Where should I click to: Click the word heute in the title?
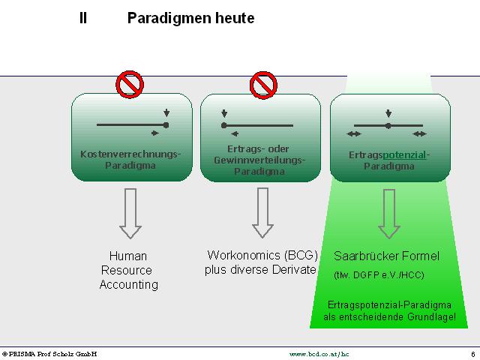(235, 18)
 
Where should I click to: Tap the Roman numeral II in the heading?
(83, 18)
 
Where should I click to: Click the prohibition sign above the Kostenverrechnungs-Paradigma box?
(130, 85)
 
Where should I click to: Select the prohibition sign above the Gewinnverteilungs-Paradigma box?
(263, 85)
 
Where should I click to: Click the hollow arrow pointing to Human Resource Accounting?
(130, 213)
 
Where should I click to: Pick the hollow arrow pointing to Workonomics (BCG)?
(262, 213)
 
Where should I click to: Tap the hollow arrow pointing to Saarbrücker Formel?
(389, 214)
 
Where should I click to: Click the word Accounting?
(128, 285)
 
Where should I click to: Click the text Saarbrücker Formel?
(387, 256)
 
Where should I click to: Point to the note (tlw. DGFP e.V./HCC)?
(379, 275)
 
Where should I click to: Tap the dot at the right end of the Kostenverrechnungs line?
(166, 125)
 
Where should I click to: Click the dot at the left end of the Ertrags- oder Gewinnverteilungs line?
(223, 125)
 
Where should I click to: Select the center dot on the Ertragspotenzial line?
(388, 125)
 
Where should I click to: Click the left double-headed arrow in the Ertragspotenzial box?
(354, 133)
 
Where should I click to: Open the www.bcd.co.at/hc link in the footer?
(319, 354)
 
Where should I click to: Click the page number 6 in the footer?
(473, 354)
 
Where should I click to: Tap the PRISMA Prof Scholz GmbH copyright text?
(49, 354)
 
